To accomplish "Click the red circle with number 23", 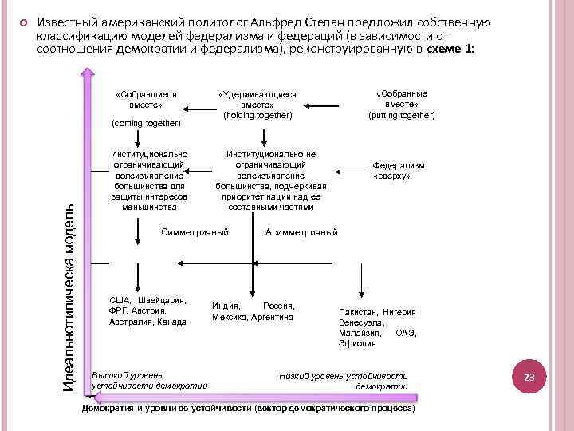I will tap(528, 376).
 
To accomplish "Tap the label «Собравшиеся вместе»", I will tap(145, 99).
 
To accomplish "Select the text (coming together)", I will tap(147, 123).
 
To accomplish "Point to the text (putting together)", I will tap(401, 115).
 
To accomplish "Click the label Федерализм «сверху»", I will tap(399, 170).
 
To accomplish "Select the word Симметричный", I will tap(195, 232).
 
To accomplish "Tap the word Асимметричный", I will tap(301, 232).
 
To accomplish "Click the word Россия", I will tap(279, 306).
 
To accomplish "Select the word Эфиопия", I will tap(357, 343).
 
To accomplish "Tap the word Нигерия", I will tap(399, 312).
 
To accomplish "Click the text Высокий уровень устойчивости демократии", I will tap(149, 380).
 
